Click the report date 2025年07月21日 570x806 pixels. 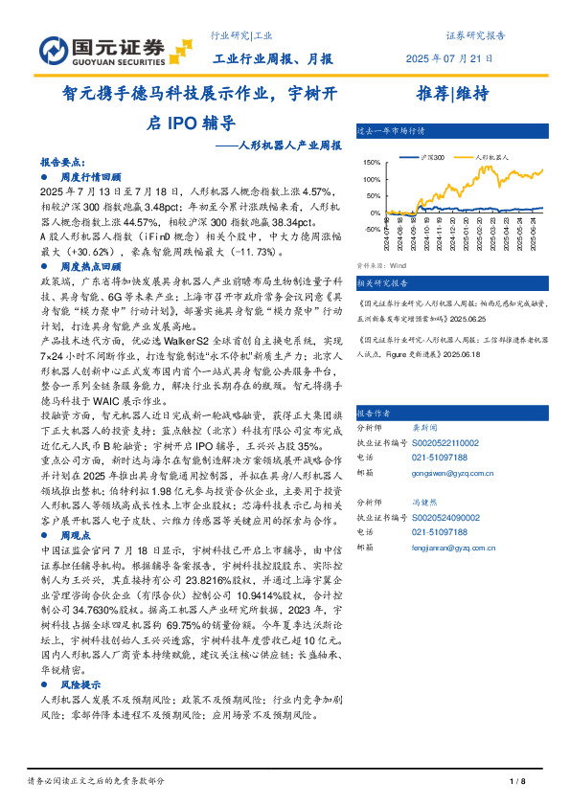pos(456,58)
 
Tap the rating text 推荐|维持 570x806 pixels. pos(453,94)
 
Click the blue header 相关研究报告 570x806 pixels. pos(381,283)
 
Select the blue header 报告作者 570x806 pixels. pos(374,413)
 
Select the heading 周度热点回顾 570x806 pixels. pos(90,266)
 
